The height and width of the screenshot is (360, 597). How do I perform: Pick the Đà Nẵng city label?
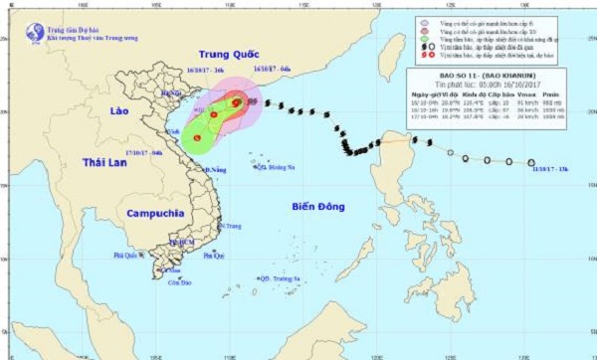(x=211, y=170)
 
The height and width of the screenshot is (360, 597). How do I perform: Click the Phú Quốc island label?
(x=127, y=255)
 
